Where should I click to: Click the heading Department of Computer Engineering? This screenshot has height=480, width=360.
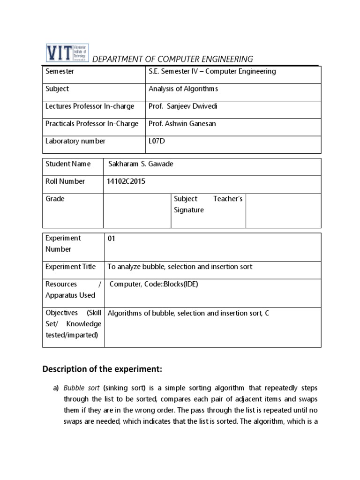(172, 59)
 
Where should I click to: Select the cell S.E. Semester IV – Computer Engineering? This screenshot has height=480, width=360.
(212, 72)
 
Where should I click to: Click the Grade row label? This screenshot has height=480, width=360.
(55, 199)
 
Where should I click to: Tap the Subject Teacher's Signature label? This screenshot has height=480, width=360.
(208, 204)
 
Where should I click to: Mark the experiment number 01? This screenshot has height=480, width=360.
(112, 239)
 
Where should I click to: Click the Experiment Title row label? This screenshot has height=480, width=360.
(70, 267)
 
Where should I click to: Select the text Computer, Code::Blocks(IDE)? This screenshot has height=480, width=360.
(154, 285)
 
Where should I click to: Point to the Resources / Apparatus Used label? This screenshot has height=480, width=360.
(73, 290)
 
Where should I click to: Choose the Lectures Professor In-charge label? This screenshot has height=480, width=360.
(90, 106)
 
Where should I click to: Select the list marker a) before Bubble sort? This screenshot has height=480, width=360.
(55, 389)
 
